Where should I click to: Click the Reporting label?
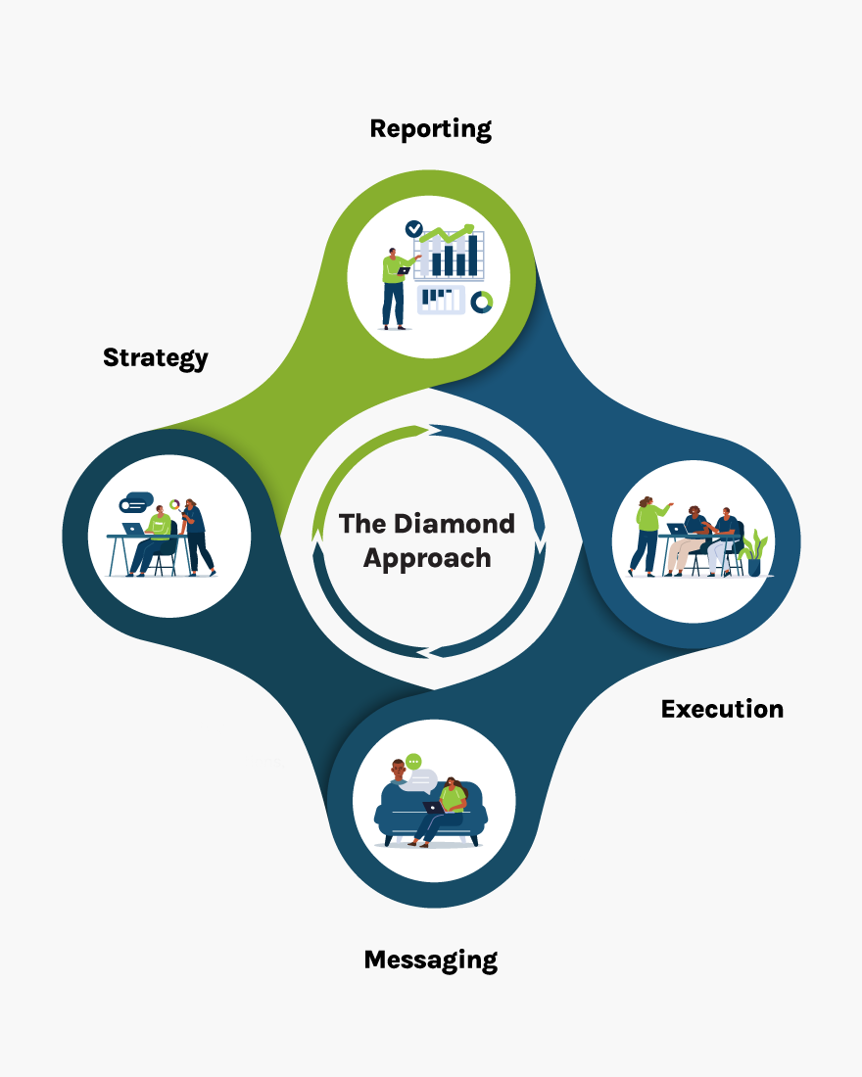tap(430, 128)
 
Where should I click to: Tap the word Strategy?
tap(156, 357)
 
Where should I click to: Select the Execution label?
tap(722, 709)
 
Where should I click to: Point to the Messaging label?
tap(430, 960)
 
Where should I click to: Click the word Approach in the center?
tap(427, 558)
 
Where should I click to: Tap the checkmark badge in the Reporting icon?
tap(414, 228)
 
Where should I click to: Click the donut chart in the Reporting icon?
tap(480, 302)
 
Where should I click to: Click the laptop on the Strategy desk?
tap(133, 529)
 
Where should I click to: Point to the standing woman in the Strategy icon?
tap(195, 536)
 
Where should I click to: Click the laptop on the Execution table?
tap(677, 529)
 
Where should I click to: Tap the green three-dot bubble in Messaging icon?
tap(413, 761)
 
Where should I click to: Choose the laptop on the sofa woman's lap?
tap(433, 808)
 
